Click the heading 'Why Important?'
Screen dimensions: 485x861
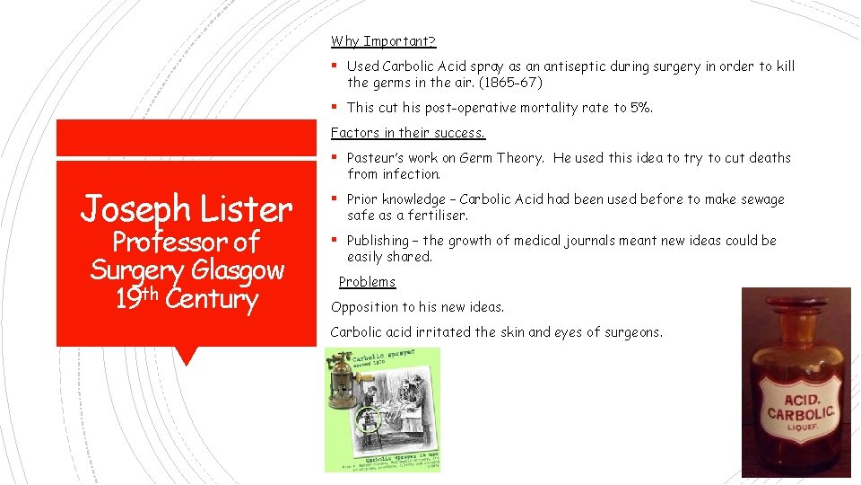[x=383, y=41]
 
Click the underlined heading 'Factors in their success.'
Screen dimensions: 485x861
[x=408, y=133]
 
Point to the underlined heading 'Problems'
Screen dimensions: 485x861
[x=367, y=282]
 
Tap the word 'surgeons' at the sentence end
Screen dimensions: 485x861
[x=632, y=332]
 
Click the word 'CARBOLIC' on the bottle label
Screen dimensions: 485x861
[x=801, y=413]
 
